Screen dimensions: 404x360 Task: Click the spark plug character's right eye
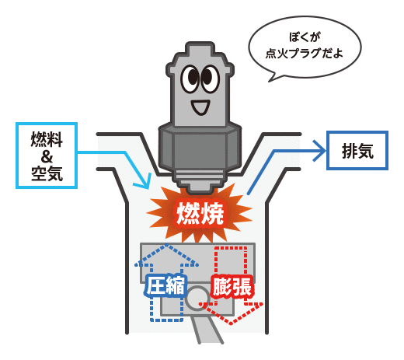210,79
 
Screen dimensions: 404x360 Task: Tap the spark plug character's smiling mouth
200,107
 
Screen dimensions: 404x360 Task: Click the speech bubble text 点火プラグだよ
304,53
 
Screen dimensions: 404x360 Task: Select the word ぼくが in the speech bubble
305,37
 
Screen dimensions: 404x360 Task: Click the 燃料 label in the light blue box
47,139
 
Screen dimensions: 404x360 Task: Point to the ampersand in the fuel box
47,156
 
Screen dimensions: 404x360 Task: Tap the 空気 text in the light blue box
47,173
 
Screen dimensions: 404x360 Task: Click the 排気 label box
357,150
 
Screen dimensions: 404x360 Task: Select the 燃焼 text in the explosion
200,213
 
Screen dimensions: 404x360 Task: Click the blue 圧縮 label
165,285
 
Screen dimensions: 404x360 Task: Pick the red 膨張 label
232,286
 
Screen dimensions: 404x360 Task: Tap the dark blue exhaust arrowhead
321,151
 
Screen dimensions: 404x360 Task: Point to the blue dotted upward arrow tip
166,245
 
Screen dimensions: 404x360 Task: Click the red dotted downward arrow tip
231,323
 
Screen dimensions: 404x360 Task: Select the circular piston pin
197,299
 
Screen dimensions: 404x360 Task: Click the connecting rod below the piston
207,329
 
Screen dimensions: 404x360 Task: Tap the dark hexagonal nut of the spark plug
200,147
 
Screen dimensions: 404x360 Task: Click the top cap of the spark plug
200,49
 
